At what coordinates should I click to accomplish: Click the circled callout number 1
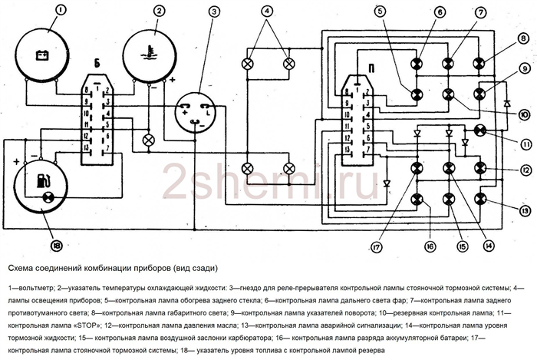60,10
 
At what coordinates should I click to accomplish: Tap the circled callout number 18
57,246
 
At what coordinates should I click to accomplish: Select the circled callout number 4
267,12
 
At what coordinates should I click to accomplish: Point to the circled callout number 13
525,211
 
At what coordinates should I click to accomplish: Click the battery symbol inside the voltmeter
44,54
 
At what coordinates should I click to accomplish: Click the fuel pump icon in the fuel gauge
43,181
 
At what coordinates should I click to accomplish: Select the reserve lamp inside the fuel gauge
48,197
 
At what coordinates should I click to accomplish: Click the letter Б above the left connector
97,64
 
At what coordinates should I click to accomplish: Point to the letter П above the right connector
371,68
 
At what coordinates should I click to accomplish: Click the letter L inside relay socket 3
208,112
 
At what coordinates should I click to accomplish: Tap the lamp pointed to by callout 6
417,64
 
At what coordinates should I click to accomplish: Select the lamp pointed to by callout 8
479,64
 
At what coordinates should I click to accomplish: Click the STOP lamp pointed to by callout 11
479,130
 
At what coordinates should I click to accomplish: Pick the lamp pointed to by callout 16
417,199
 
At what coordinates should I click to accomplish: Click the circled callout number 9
524,70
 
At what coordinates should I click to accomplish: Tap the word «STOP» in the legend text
87,325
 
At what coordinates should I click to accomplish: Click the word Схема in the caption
20,268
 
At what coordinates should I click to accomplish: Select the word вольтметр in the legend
35,289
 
